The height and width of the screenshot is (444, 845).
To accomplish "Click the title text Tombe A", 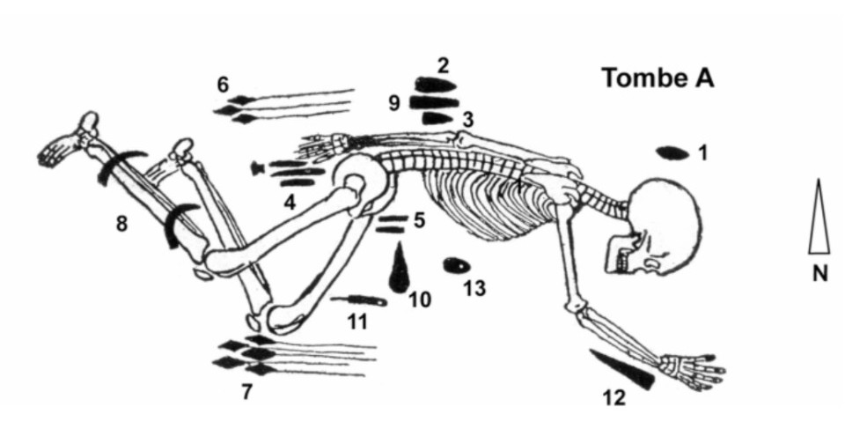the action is tap(658, 78).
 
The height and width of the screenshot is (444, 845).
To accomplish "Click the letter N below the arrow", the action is tap(819, 274).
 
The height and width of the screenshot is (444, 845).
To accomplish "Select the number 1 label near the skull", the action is tap(702, 153).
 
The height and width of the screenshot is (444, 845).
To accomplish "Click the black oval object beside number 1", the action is tap(672, 153).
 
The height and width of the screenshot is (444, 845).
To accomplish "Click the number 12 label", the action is tap(614, 398).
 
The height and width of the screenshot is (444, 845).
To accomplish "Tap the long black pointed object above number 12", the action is tap(622, 368).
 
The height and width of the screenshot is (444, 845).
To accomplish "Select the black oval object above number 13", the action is tap(457, 265).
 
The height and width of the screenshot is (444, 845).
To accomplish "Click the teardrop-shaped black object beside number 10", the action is tap(400, 268).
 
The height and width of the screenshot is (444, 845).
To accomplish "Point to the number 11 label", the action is tap(357, 322).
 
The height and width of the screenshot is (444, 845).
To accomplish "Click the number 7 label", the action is tap(246, 392).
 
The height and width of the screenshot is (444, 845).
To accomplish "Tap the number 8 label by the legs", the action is tap(122, 223).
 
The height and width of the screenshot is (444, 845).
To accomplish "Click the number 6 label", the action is tap(223, 85).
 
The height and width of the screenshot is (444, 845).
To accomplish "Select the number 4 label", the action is tap(290, 203).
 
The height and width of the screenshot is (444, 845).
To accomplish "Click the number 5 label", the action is tap(419, 220).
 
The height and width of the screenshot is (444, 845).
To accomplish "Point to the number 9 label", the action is tap(394, 103).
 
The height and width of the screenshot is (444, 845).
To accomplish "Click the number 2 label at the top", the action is tap(444, 66).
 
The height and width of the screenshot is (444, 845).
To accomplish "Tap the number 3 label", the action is tap(467, 121).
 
